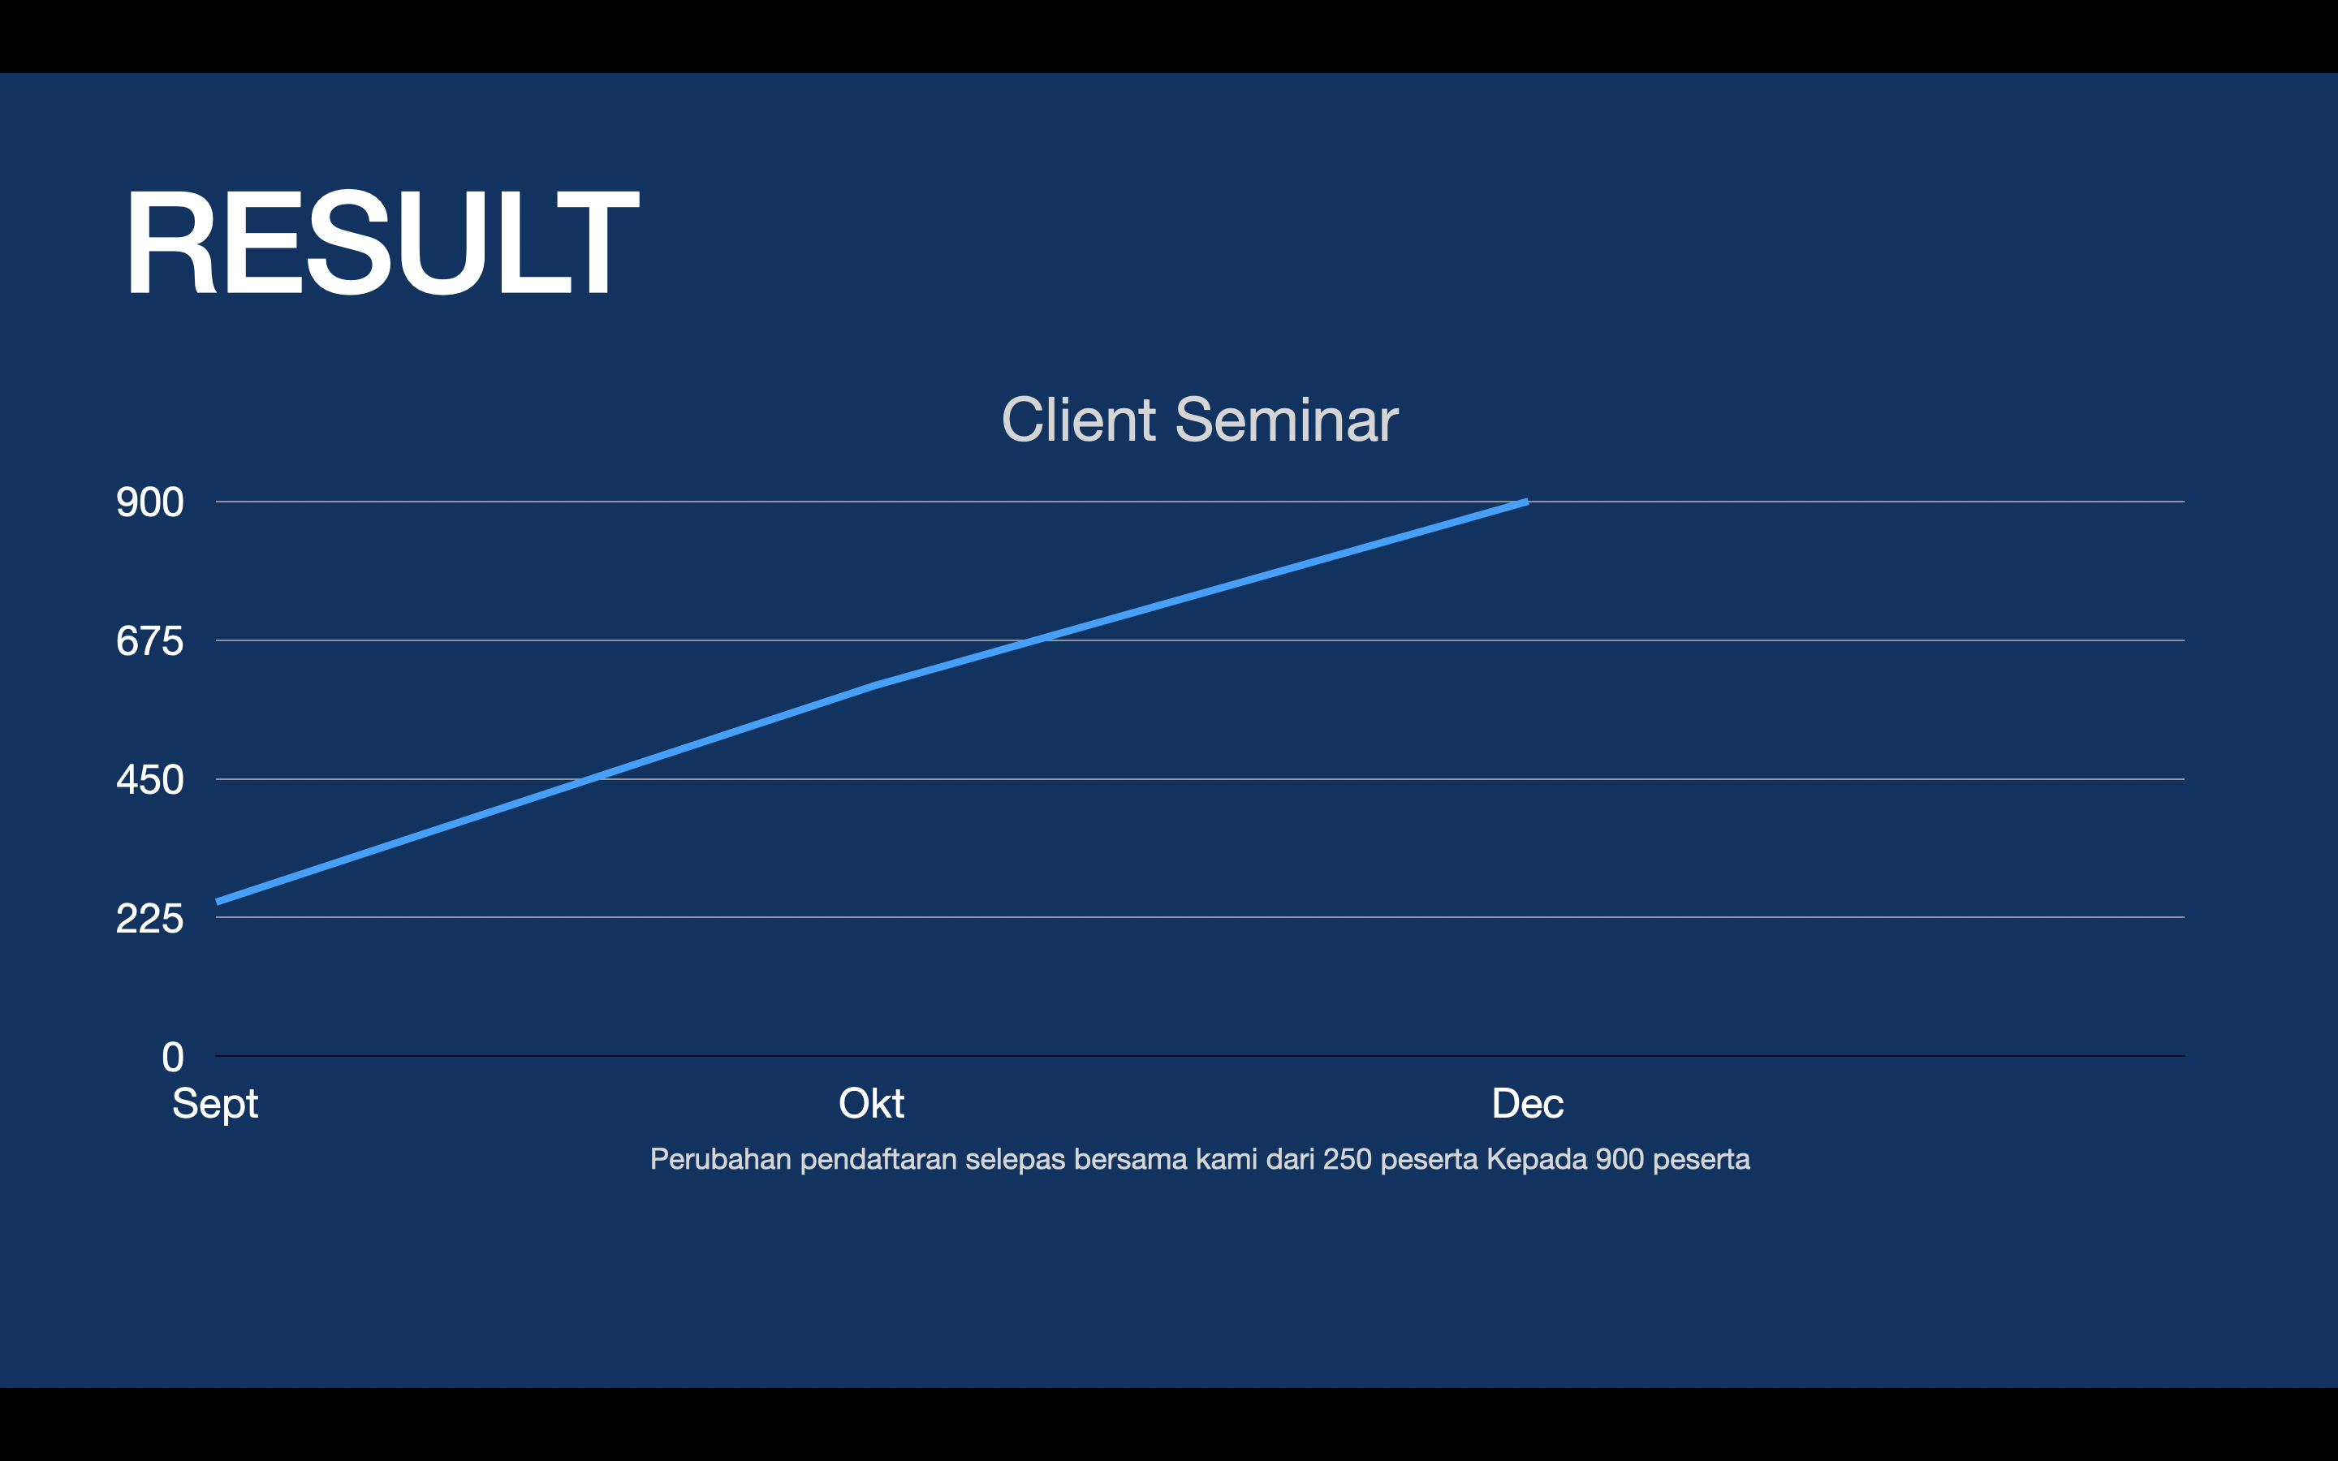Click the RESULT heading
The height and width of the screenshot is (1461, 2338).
[x=382, y=242]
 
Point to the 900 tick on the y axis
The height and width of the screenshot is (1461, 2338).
[x=149, y=502]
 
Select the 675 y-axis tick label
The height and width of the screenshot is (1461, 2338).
[x=149, y=640]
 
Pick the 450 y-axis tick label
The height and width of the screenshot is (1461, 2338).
[x=149, y=780]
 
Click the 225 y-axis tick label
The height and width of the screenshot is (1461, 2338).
[x=149, y=918]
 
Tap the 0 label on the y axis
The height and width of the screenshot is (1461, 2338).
[x=173, y=1057]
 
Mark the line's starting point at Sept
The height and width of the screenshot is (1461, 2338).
[x=218, y=903]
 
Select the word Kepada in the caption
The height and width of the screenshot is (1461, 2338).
[x=1536, y=1160]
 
